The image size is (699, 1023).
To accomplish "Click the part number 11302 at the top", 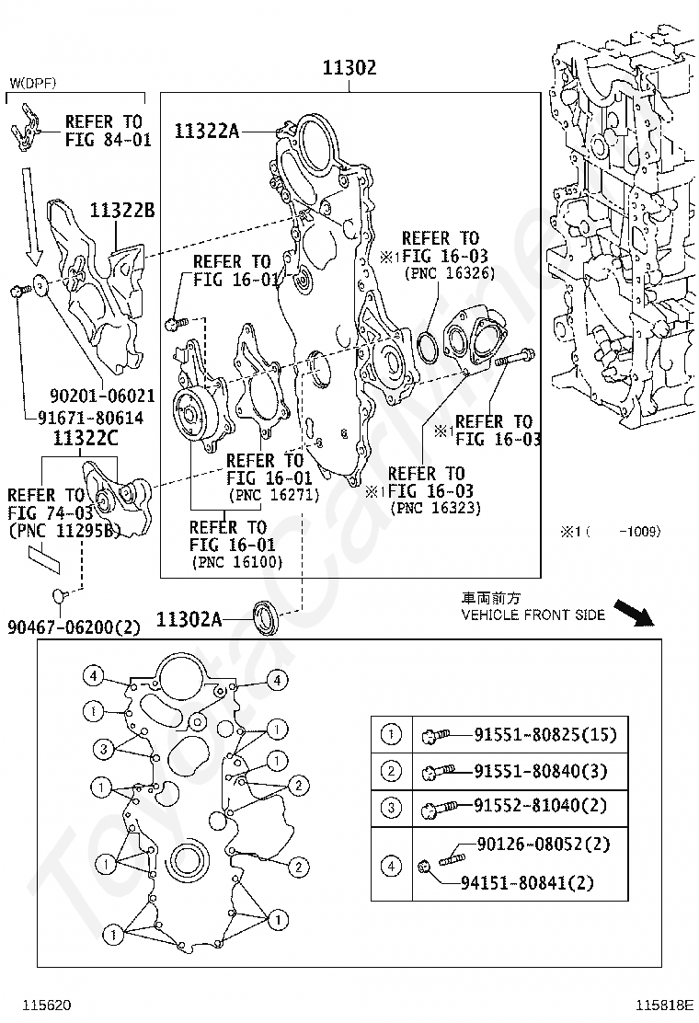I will pos(349,68).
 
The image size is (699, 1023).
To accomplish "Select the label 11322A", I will pos(206,132).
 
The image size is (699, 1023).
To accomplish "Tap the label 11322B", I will pos(121,211).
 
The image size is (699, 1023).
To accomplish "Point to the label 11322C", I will pos(85,438).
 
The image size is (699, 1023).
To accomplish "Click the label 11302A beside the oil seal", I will pos(189,619).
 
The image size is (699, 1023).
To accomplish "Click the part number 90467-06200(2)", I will pos(74,627).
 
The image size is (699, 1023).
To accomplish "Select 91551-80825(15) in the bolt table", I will pos(545,735).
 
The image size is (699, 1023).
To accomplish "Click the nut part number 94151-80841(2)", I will pos(540,883).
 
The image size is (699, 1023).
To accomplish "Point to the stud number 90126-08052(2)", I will pos(544,845).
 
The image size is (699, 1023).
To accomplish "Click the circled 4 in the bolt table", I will pos(391,865).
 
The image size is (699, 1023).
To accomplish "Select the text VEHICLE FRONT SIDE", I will pos(533,615).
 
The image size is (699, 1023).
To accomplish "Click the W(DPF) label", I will pos(33,83).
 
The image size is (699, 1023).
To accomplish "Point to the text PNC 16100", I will pos(237,562).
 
